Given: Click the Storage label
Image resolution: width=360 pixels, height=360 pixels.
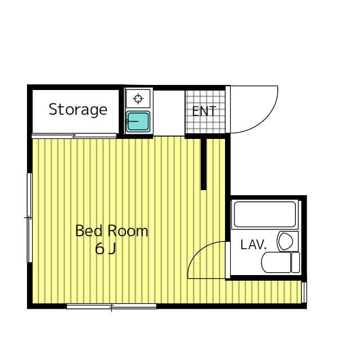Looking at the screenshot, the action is coord(78,110).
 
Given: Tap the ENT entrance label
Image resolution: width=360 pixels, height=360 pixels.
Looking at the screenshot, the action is coord(204,111).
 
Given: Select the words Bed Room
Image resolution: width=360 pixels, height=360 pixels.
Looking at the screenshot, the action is coord(111,231).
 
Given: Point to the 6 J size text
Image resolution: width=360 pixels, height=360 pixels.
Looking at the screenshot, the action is coord(105,249).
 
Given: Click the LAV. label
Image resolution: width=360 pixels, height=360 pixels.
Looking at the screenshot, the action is coord(254,245).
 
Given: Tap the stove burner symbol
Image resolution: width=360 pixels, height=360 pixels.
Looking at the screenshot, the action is coord(138,99).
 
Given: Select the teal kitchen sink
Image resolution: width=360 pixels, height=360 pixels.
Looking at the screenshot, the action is coord(138,121).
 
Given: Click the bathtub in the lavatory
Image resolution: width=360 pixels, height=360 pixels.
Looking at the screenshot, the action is coord(265,214).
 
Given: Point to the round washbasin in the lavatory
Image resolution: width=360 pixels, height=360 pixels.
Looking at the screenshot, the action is coord(286,241).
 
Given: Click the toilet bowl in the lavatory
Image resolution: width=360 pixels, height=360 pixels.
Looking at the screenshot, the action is coord(276,262).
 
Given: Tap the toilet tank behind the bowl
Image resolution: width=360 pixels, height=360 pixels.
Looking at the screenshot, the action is coord(295,262).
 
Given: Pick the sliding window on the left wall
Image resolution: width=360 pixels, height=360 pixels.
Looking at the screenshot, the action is coord(30,218).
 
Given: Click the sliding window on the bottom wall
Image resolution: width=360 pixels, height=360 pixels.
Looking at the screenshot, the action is coord(111,306).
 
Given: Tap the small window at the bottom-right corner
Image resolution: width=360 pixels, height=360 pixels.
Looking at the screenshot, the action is coord(304,292).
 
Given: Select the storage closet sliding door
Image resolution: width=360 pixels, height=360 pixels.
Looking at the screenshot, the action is coord(74,136).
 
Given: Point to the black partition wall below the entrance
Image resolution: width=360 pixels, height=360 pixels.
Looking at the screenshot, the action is coord(204,164).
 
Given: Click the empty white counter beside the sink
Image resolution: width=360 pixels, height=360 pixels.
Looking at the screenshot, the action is coord(169,112).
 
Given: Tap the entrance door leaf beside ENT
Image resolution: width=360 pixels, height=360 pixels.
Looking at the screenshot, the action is coord(228,110).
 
